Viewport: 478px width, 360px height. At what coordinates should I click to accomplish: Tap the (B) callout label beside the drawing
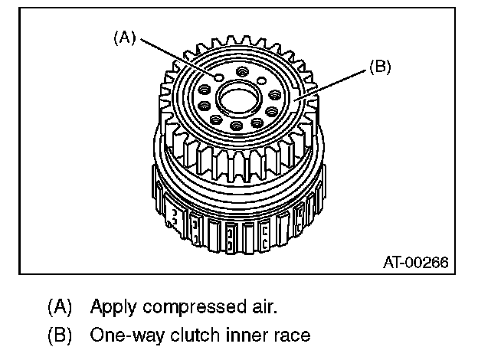point(380,67)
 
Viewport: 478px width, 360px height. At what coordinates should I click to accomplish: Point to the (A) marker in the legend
point(60,308)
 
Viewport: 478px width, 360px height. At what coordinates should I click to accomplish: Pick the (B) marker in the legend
point(60,335)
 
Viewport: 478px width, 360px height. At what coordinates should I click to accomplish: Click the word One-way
point(122,335)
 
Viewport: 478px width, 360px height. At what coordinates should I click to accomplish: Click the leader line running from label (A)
point(176,57)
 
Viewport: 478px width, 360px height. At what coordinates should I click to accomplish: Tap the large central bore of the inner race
point(237,97)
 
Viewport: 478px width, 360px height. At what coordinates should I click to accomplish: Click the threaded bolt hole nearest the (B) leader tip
point(273,96)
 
